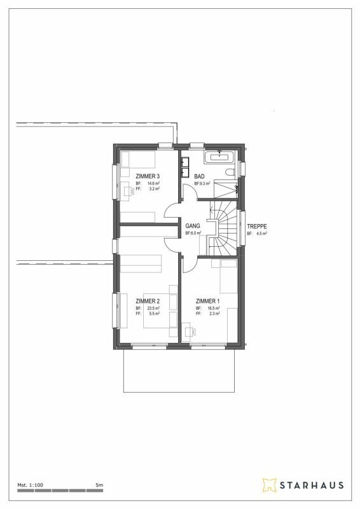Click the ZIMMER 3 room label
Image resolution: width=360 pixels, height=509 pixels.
[x=148, y=176]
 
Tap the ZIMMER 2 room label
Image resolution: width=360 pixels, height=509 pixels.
[x=148, y=301]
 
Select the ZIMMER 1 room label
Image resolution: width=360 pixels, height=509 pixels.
[x=207, y=301]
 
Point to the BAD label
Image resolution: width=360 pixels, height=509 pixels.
[x=199, y=176]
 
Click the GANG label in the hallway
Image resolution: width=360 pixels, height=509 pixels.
[x=192, y=226]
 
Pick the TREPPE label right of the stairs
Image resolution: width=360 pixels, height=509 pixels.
[x=256, y=226]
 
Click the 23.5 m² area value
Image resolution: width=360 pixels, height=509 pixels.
[x=153, y=309]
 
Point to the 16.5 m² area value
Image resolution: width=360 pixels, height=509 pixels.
[x=214, y=309]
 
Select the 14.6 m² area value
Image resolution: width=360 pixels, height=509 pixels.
[x=153, y=183]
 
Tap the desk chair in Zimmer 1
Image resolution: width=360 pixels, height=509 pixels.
[x=188, y=329]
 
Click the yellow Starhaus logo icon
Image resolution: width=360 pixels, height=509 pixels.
[x=269, y=485]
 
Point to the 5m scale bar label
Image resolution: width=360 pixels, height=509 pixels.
[x=99, y=485]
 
